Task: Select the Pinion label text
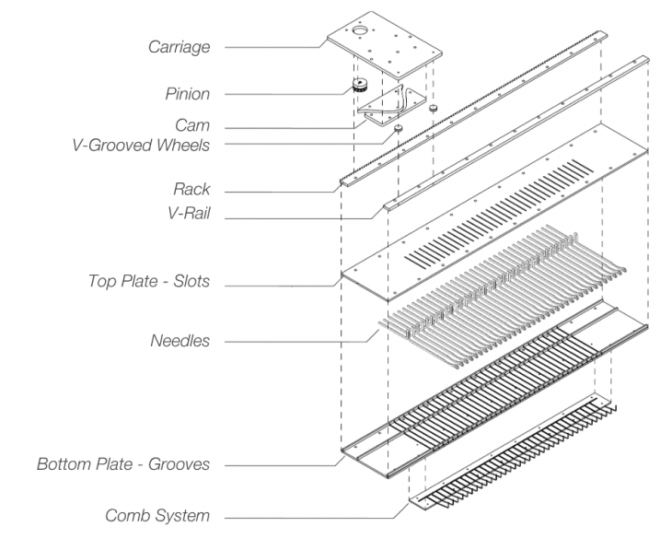187,93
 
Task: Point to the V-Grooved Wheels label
140,144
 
